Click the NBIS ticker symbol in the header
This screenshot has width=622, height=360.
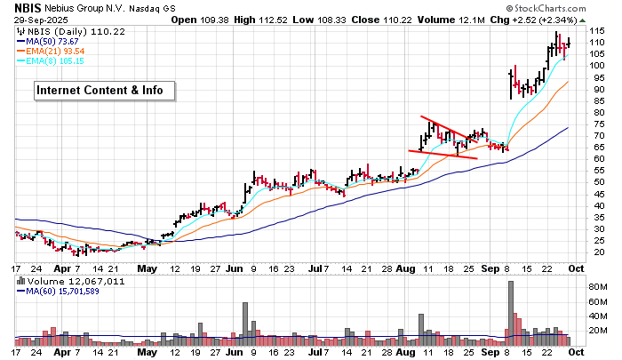[28, 8]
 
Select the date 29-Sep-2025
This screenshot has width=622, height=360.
[36, 20]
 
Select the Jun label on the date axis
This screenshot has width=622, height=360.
[235, 268]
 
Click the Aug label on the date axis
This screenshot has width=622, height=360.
[405, 268]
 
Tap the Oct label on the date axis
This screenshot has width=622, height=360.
[575, 268]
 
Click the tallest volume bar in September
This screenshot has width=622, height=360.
[511, 312]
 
